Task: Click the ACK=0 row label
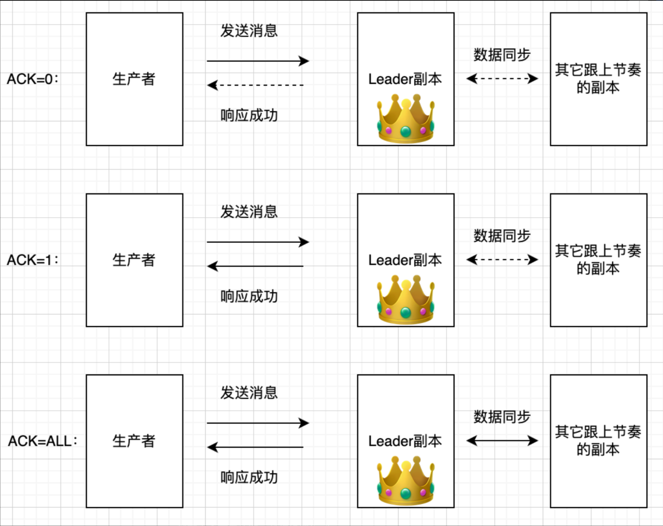pos(33,79)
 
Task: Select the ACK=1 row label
pos(33,260)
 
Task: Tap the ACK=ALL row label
pos(43,441)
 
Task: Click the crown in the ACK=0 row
pos(405,119)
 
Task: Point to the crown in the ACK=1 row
pos(405,300)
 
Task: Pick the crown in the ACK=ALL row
pos(405,481)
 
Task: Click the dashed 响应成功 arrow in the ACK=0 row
pos(256,85)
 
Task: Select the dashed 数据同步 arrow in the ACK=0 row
pos(502,78)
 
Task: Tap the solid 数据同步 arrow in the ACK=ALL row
pos(502,440)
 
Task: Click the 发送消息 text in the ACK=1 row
pos(249,211)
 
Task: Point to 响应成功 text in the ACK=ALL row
pos(249,477)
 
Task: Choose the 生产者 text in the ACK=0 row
pos(134,79)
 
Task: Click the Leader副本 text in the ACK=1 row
pos(405,260)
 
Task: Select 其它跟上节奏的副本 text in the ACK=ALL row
pos(598,440)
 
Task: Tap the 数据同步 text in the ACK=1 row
pos(502,236)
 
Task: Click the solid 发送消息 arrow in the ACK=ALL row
pos(258,423)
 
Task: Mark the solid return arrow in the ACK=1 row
pos(256,266)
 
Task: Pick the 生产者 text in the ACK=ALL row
pos(134,441)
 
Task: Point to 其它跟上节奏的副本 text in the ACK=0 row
pos(598,78)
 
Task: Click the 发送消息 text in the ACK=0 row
pos(249,30)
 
